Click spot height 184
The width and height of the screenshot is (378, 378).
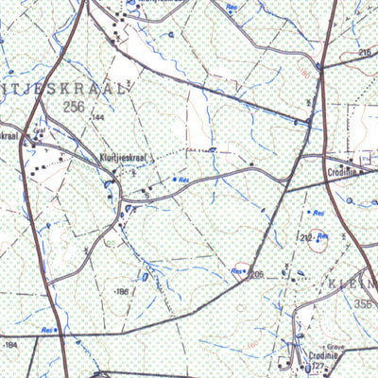tap(10, 346)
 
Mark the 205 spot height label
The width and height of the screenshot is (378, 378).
tap(254, 274)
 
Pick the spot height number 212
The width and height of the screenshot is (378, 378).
tap(304, 237)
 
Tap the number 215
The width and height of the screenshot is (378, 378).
tap(365, 52)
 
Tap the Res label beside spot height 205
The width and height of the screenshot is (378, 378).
tap(236, 271)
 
